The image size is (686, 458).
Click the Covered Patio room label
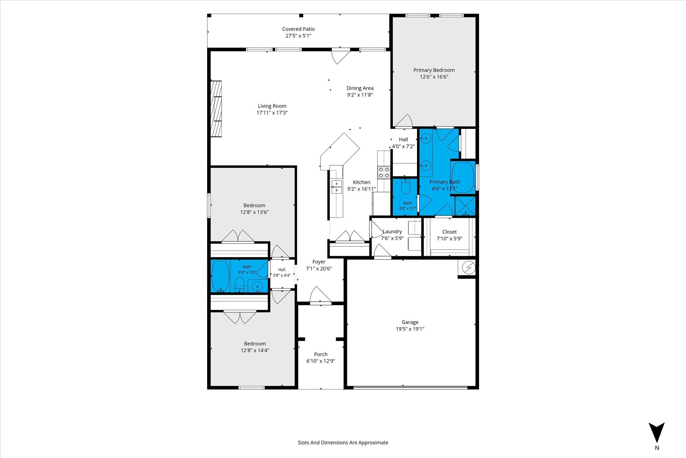(x=298, y=29)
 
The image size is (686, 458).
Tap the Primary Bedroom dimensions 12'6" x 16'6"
(x=434, y=77)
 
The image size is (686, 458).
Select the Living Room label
(x=272, y=106)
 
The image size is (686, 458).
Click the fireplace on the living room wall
(x=216, y=109)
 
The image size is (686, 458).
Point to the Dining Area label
(x=360, y=88)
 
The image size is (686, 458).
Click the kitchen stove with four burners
(x=384, y=172)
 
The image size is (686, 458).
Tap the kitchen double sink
(x=336, y=187)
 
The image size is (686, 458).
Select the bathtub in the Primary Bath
(x=463, y=177)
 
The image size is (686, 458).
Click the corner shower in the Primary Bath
(x=465, y=206)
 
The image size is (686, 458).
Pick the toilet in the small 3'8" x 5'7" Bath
(x=406, y=187)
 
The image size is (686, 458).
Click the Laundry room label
(x=392, y=231)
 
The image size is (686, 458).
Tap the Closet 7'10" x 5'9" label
(x=450, y=235)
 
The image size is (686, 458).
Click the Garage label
(x=410, y=322)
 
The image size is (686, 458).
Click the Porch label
(x=321, y=354)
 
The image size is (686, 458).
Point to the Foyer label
(x=319, y=262)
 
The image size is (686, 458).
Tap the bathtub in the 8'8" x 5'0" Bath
(x=220, y=276)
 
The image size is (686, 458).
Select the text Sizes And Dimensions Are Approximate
(x=343, y=443)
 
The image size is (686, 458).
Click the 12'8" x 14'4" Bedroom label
(x=255, y=347)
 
